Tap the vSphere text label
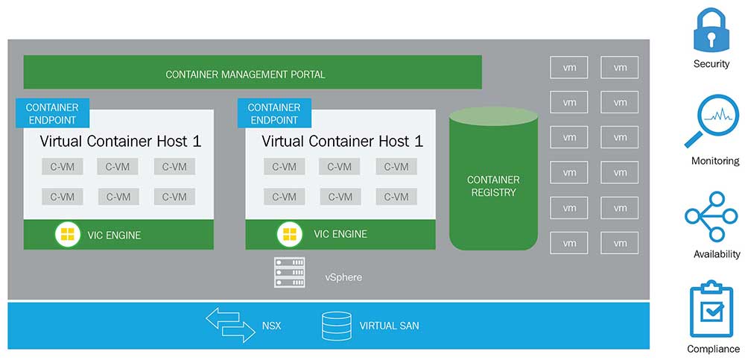tap(343, 277)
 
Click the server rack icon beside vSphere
tap(290, 273)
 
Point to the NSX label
tap(271, 326)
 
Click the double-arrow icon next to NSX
tap(231, 326)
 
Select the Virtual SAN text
tap(389, 326)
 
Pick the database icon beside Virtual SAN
tap(337, 326)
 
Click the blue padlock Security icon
tap(711, 30)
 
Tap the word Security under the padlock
tap(711, 64)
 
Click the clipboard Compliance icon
tap(712, 309)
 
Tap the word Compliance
tap(714, 349)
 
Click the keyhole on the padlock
tap(711, 36)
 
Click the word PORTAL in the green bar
tap(308, 75)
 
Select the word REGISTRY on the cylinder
tap(493, 192)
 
